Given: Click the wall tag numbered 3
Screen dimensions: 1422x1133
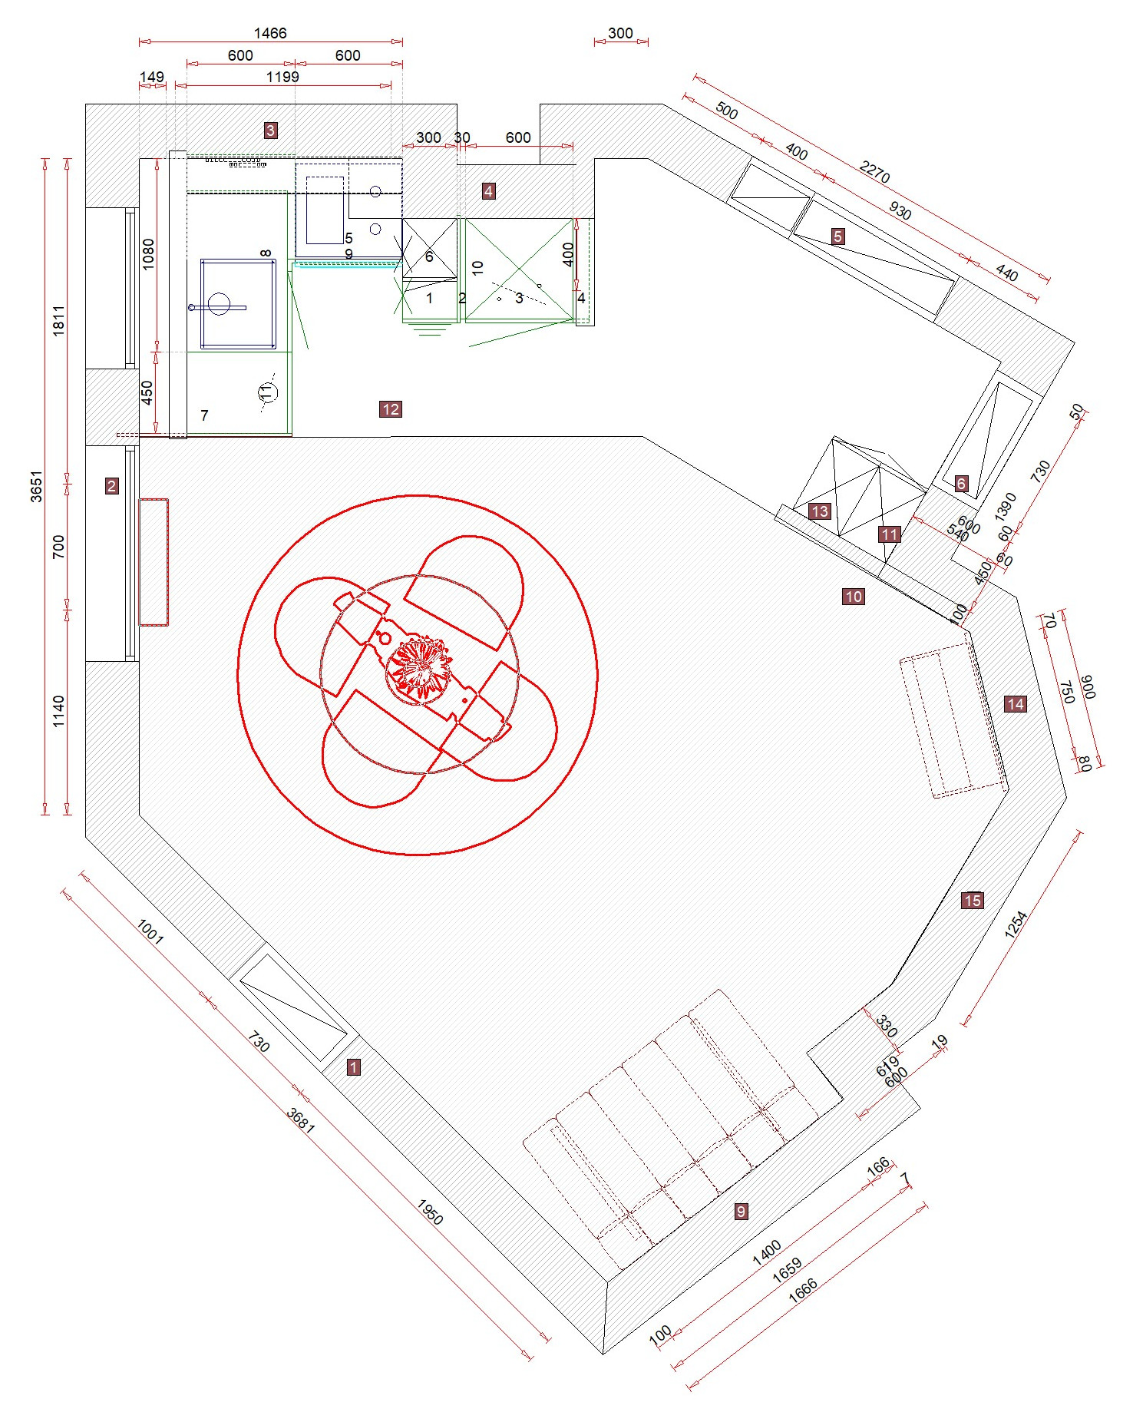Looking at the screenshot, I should (270, 131).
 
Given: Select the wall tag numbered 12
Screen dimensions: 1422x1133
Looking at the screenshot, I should (390, 409).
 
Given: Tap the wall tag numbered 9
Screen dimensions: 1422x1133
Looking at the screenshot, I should (741, 1212).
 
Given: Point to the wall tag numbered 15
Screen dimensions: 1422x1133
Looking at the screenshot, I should (973, 901).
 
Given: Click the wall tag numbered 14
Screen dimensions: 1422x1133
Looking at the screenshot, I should (1015, 704).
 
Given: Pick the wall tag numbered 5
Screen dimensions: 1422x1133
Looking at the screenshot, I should (838, 236).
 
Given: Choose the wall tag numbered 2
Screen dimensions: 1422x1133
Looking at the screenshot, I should (112, 485).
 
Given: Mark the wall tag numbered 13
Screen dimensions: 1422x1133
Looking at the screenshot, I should (820, 511).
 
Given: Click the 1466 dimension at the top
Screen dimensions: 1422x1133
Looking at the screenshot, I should (270, 33).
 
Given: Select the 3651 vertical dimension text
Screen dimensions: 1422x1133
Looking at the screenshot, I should (36, 487).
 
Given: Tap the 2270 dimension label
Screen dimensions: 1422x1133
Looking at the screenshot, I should (874, 171).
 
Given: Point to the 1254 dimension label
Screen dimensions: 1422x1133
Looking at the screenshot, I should (1015, 924).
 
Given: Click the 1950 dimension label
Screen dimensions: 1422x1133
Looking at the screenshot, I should (430, 1212).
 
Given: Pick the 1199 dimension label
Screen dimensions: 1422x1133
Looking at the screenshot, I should (282, 77).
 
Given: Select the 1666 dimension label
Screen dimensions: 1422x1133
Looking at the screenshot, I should (803, 1290).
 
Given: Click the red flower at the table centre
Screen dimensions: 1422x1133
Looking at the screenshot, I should (418, 665).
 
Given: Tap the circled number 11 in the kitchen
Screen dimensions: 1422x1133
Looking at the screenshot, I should (266, 392).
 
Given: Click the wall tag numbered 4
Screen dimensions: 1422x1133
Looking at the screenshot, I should (489, 191).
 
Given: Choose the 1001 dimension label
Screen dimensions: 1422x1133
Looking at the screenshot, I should (150, 931).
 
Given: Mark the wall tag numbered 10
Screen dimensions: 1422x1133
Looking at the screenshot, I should (854, 597).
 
